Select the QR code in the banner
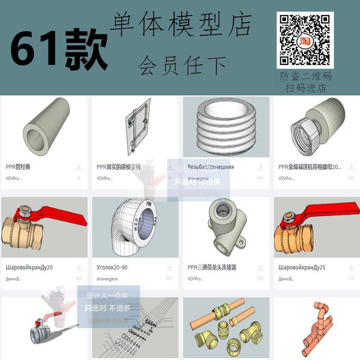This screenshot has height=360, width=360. pyautogui.click(x=305, y=40)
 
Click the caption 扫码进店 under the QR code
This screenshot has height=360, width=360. pyautogui.click(x=305, y=88)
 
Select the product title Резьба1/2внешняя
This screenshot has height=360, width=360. pyautogui.click(x=211, y=167)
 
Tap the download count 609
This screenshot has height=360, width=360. pyautogui.click(x=260, y=178)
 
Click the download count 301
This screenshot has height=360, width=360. pyautogui.click(x=351, y=178)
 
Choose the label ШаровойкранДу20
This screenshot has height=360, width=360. pyautogui.click(x=29, y=267)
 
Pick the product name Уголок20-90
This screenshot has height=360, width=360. pyautogui.click(x=112, y=267)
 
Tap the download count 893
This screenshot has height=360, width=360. pyautogui.click(x=169, y=279)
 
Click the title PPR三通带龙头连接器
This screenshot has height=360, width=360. pyautogui.click(x=212, y=267)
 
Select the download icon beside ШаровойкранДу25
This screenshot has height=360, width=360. pyautogui.click(x=351, y=267)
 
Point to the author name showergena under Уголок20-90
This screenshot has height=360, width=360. pyautogui.click(x=107, y=279)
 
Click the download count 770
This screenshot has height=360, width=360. pyautogui.click(x=351, y=279)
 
